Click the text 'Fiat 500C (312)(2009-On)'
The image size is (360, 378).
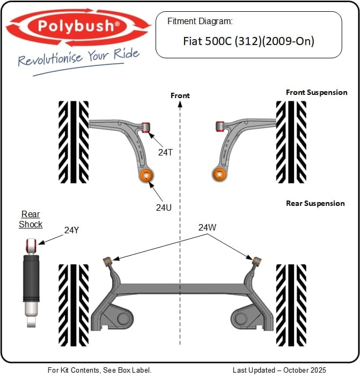click(x=248, y=40)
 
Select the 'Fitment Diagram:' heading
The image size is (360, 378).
click(x=200, y=21)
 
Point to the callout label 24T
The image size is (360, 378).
click(x=165, y=152)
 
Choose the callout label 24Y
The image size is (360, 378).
click(x=71, y=230)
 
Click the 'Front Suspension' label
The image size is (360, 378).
click(x=317, y=92)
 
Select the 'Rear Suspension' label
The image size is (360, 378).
click(x=315, y=203)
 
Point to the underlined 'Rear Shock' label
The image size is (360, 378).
click(x=31, y=219)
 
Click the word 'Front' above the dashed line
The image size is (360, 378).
click(x=180, y=95)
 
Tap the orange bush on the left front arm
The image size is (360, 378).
click(x=146, y=175)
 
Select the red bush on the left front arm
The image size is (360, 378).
click(x=145, y=127)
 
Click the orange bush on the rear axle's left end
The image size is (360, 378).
click(x=107, y=261)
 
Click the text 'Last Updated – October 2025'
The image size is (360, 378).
click(x=279, y=370)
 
